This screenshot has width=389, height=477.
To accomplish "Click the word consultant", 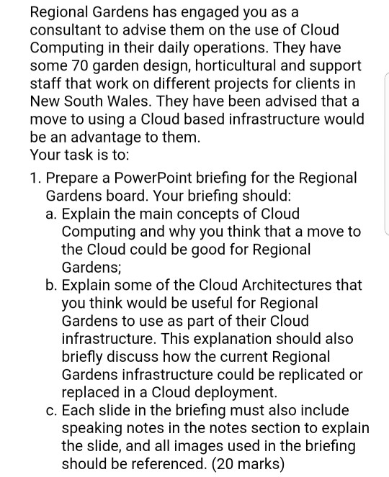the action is pyautogui.click(x=64, y=32).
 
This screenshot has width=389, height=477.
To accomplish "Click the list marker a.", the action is pyautogui.click(x=52, y=214).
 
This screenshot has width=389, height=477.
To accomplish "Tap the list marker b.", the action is pyautogui.click(x=52, y=286).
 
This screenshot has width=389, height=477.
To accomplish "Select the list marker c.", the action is pyautogui.click(x=52, y=412).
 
